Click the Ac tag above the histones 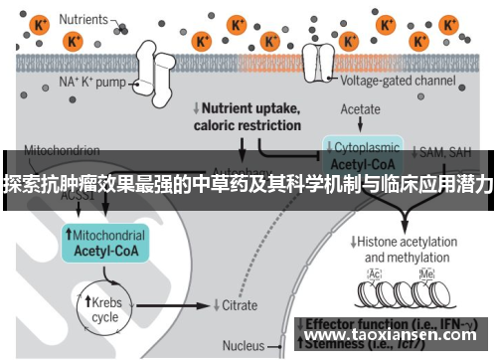[x=375, y=273]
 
